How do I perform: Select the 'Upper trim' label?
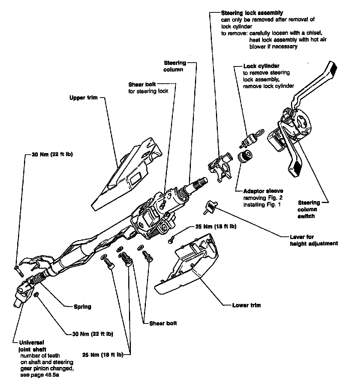[x=83, y=98]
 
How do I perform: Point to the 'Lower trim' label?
[x=246, y=305]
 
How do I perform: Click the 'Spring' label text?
[x=82, y=307]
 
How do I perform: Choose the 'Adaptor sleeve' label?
[x=263, y=191]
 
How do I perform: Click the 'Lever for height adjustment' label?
[x=313, y=240]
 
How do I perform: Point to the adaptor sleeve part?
[x=246, y=156]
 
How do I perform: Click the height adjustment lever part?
[x=211, y=206]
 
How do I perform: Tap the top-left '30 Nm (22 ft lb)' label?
[x=49, y=154]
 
